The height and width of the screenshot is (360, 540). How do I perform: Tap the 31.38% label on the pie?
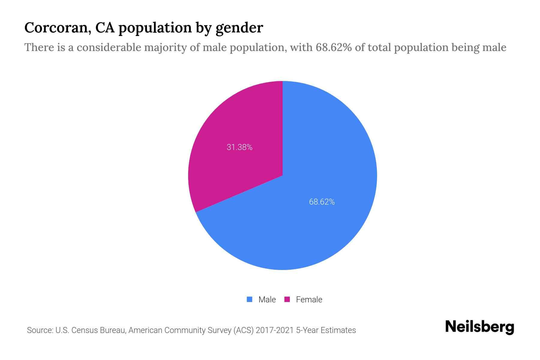click(239, 147)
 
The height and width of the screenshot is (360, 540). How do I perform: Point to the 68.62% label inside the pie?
click(322, 202)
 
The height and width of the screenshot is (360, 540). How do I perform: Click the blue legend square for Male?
click(249, 299)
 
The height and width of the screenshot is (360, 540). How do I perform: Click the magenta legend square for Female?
click(287, 299)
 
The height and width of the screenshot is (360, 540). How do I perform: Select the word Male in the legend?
click(267, 300)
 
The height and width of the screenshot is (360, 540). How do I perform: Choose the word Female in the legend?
click(309, 300)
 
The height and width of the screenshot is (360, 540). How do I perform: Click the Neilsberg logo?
click(479, 327)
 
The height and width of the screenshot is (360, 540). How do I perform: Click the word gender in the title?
click(239, 28)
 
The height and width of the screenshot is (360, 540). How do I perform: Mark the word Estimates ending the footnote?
click(338, 330)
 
